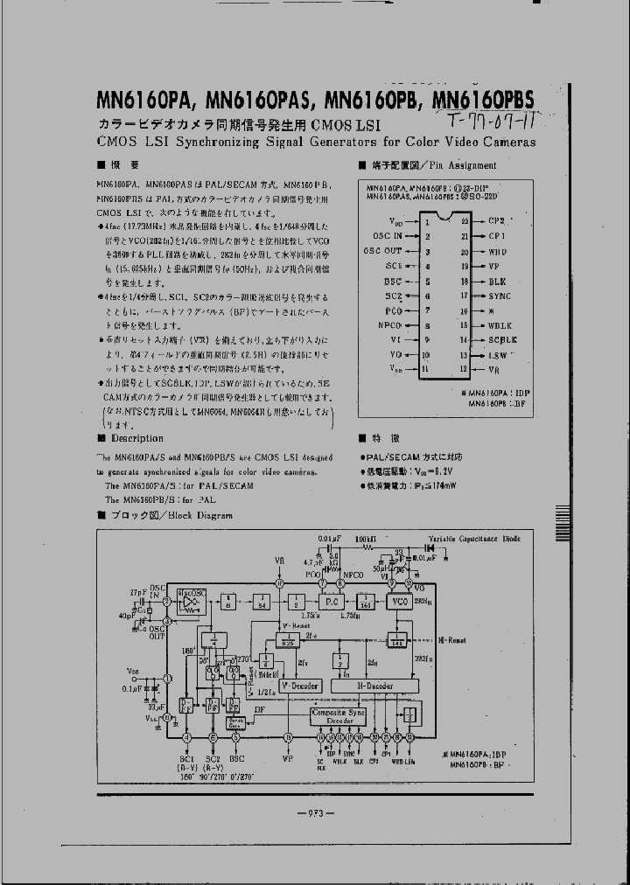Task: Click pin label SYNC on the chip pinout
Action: pyautogui.click(x=500, y=296)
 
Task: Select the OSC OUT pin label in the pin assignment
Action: pyautogui.click(x=383, y=251)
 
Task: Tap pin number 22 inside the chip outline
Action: pyautogui.click(x=465, y=221)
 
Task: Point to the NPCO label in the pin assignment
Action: pyautogui.click(x=389, y=324)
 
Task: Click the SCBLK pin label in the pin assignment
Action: pyautogui.click(x=502, y=339)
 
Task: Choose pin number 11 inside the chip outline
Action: pyautogui.click(x=426, y=370)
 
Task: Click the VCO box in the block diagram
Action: pyautogui.click(x=401, y=603)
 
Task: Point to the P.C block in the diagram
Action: pyautogui.click(x=331, y=603)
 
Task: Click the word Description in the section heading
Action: pyautogui.click(x=137, y=438)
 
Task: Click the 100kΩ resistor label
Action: pyautogui.click(x=366, y=539)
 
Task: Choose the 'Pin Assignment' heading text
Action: pyautogui.click(x=463, y=165)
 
